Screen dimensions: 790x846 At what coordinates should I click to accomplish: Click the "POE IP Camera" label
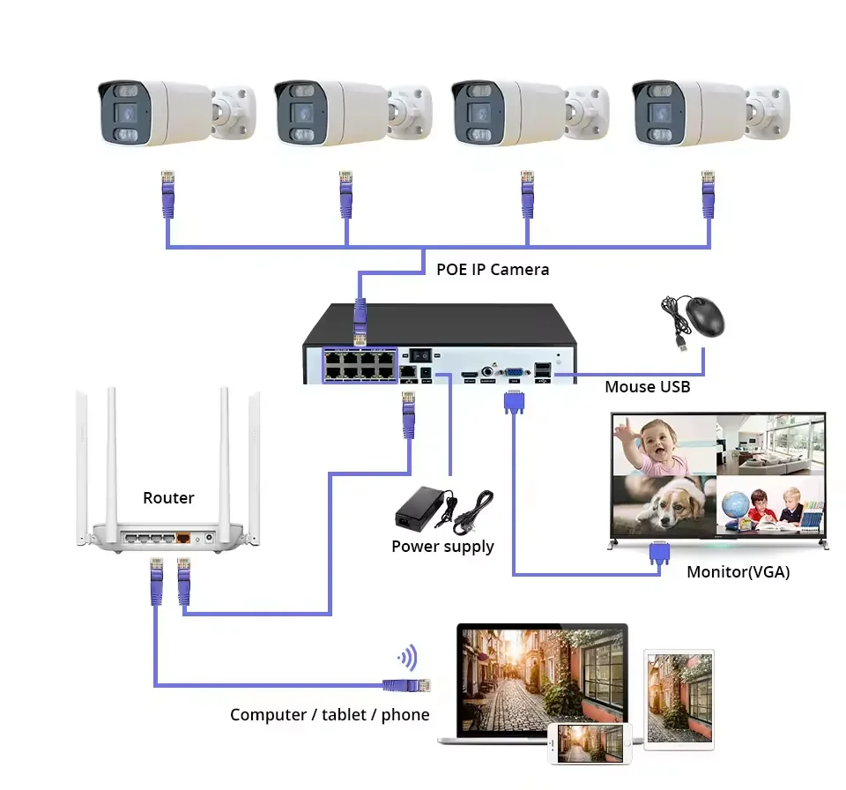tap(493, 270)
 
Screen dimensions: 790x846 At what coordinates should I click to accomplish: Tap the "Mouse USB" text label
tap(647, 387)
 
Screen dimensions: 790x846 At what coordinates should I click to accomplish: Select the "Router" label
tap(168, 498)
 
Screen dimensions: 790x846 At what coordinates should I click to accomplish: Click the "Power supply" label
tap(442, 547)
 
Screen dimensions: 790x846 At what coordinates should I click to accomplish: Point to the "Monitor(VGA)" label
tap(738, 572)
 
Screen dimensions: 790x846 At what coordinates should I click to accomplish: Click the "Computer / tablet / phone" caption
tap(330, 715)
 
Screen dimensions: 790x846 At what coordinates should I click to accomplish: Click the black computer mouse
tap(704, 316)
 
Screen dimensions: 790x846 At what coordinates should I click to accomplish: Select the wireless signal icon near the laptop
tap(407, 657)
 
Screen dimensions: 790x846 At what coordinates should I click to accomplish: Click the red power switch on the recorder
tap(421, 354)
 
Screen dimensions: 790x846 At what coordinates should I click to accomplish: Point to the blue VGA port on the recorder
tap(511, 373)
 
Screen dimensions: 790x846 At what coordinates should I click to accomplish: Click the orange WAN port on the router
tap(184, 536)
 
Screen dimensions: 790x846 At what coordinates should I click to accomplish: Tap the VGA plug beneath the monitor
tap(657, 553)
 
